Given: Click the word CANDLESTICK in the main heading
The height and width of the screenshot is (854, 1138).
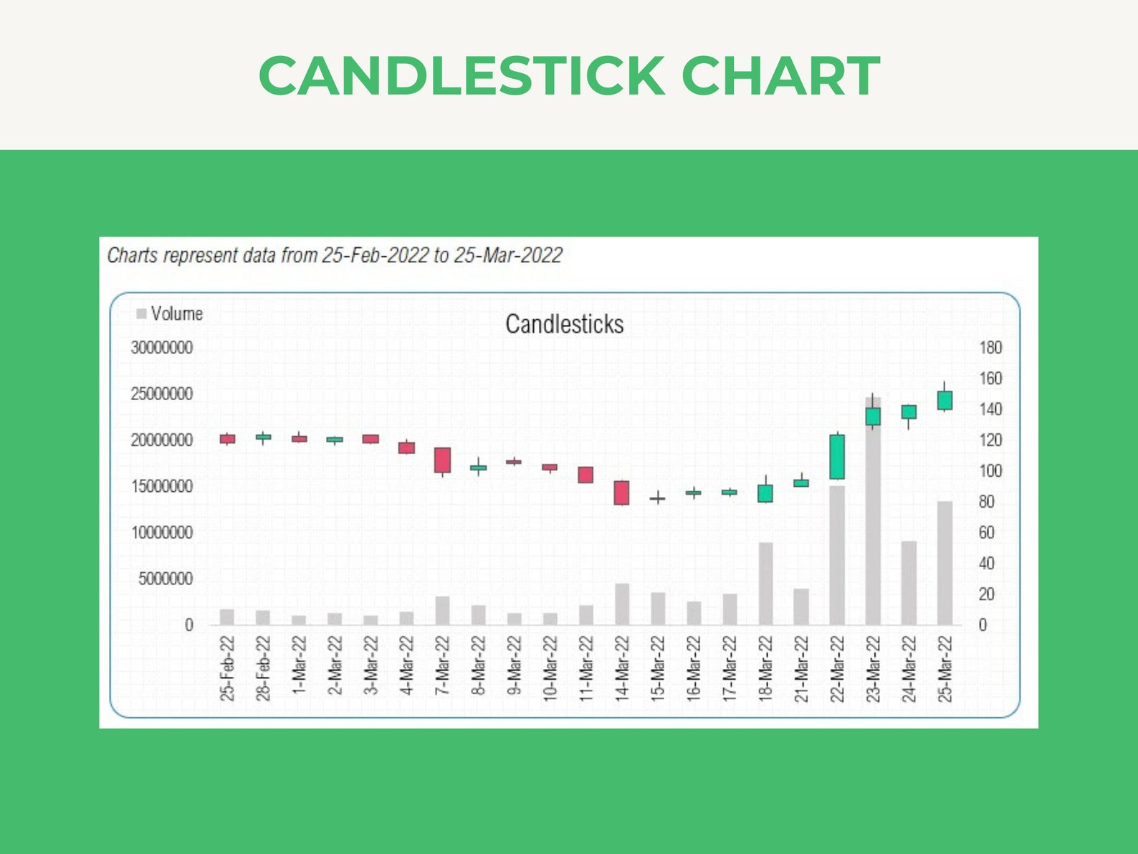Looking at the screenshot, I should point(462,76).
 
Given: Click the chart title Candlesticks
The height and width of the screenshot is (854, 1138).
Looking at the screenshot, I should point(564,324).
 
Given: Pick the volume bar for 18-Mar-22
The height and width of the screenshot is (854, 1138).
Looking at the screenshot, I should point(765,584).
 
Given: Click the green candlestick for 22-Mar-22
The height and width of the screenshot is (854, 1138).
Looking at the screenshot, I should point(836,457).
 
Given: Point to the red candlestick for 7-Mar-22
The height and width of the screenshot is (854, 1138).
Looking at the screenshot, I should point(442,460).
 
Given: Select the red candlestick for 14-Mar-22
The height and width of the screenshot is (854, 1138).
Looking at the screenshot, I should point(621,493).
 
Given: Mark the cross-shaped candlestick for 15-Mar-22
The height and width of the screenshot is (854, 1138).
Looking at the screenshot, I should point(657,498).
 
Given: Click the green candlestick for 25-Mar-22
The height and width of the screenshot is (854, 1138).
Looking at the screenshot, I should point(945,400).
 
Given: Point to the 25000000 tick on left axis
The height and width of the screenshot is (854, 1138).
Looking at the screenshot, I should point(161,394).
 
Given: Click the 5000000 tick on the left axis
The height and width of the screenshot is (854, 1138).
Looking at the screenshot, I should point(166,579).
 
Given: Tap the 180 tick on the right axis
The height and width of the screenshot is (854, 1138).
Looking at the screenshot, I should point(990,348).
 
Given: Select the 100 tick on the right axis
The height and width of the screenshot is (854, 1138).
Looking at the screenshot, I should point(990,471).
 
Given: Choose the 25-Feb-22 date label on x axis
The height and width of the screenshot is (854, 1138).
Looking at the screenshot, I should point(227,668).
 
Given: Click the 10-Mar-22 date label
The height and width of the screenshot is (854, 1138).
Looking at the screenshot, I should point(550,668).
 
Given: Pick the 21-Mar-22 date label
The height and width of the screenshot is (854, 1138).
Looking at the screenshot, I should point(800,668).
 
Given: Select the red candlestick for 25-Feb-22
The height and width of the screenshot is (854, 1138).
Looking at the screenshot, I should point(227,439).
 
